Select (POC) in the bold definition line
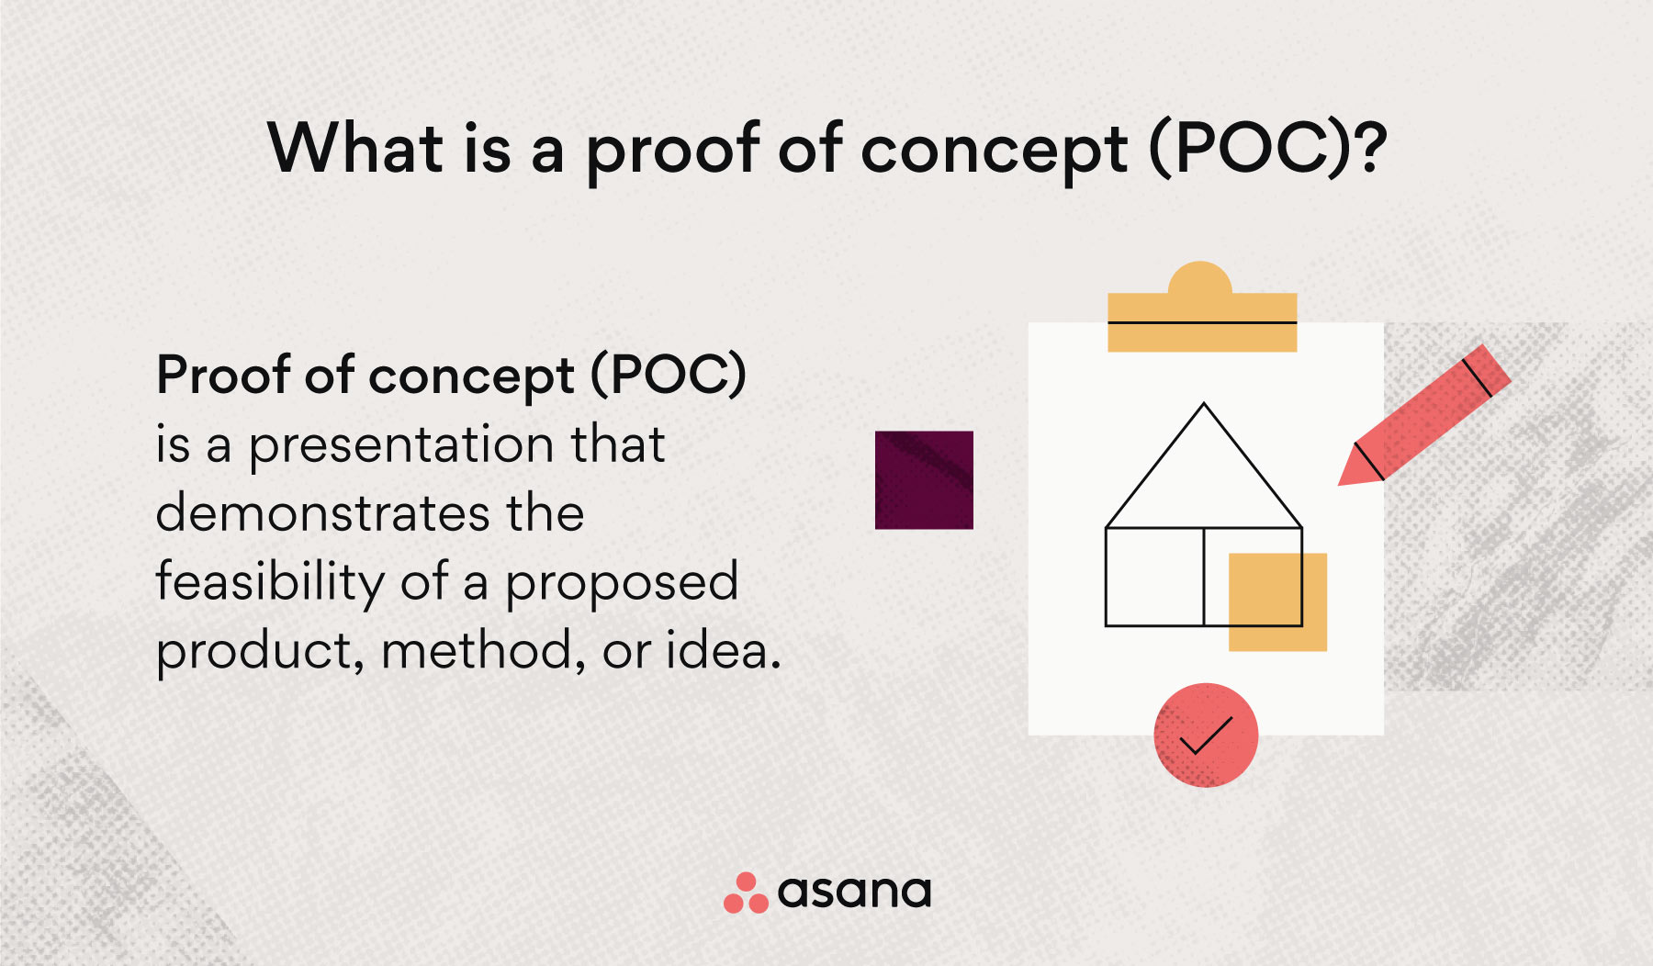point(668,375)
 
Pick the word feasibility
point(270,582)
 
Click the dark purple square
point(924,480)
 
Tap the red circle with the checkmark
point(1206,735)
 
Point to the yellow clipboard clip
point(1201,312)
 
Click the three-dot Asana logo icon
point(746,893)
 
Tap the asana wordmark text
point(854,892)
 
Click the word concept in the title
point(994,150)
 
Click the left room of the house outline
point(1154,577)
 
